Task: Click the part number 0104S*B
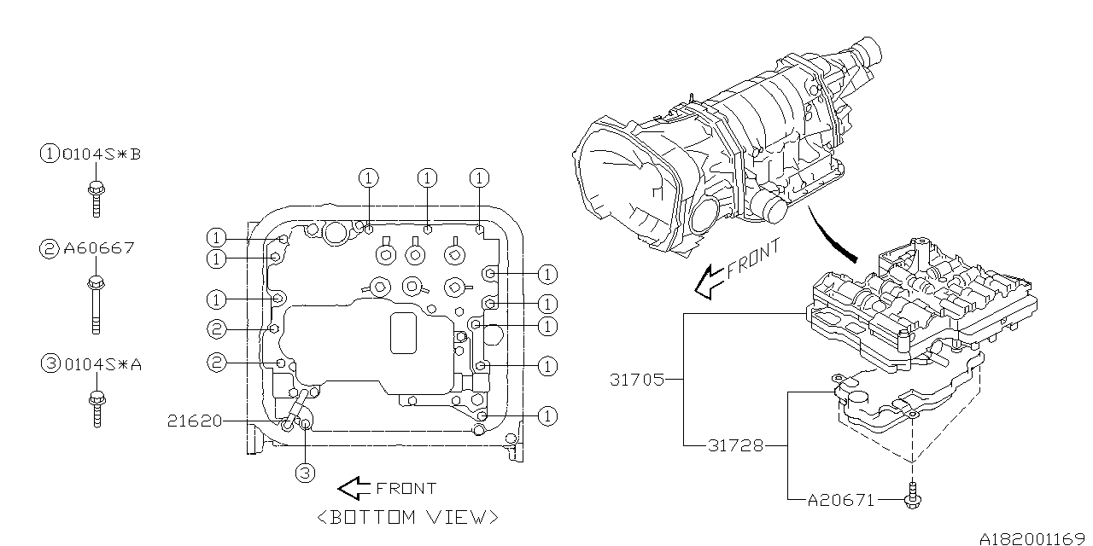(x=102, y=154)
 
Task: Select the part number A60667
(x=99, y=248)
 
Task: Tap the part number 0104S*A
(x=103, y=364)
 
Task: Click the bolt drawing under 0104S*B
(x=96, y=199)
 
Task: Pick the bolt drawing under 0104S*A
(x=97, y=409)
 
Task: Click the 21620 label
(x=195, y=421)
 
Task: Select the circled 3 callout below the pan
(x=306, y=473)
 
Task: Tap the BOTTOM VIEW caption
(x=408, y=517)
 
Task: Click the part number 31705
(x=637, y=380)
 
